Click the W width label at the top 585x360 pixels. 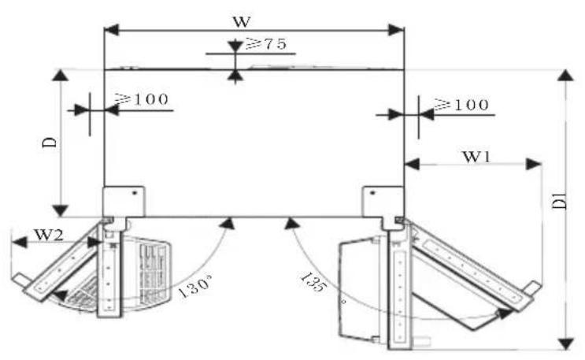coord(242,21)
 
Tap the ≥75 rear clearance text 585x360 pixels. coord(266,44)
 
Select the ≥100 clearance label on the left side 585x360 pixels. coord(142,99)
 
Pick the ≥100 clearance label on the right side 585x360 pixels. coord(461,105)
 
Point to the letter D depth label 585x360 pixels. coord(50,143)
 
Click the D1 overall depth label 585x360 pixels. coord(560,201)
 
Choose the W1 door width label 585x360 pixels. coord(476,157)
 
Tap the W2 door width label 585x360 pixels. coord(49,236)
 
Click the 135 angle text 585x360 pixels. coord(313,282)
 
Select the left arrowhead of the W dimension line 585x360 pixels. coord(111,30)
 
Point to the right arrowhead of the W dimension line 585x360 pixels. coord(396,30)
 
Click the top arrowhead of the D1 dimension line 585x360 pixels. coord(565,75)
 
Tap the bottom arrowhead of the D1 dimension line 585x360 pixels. coord(565,343)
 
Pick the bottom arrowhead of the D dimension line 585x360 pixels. coord(60,210)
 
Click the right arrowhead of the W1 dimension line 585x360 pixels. coord(534,164)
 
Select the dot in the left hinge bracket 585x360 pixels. coord(135,193)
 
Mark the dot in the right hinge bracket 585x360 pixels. coord(372,193)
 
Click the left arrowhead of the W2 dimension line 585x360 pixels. coord(20,243)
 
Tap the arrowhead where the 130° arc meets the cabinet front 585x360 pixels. coord(228,223)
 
